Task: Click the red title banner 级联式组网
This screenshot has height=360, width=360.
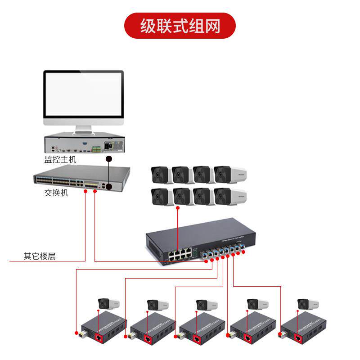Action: (x=180, y=26)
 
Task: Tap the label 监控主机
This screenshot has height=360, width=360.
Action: (x=60, y=159)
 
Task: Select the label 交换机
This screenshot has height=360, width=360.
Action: (x=56, y=193)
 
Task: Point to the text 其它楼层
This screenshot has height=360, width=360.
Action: (x=40, y=256)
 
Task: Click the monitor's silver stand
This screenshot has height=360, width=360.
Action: (x=83, y=130)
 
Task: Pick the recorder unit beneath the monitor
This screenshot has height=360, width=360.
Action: (x=83, y=144)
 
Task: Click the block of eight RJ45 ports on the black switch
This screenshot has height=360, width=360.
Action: (x=178, y=255)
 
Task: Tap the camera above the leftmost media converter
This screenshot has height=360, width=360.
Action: (x=108, y=303)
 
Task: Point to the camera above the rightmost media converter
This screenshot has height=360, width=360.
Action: (x=308, y=303)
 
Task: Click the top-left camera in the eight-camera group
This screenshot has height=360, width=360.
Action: (x=160, y=175)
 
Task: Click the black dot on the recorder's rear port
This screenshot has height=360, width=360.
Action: (x=108, y=159)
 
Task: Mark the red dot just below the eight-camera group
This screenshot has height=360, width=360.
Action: (x=178, y=208)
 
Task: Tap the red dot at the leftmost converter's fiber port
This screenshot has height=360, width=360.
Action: (x=76, y=333)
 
